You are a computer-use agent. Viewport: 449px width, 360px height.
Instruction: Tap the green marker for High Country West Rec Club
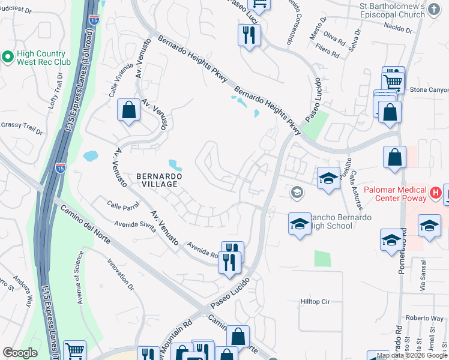point(8,57)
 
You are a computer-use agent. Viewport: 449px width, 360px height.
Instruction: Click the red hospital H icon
point(436,193)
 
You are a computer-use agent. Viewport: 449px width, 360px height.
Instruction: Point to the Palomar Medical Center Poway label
point(394,194)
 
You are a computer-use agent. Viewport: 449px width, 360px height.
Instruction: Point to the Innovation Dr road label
point(119,272)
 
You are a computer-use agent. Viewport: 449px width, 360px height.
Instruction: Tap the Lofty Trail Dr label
point(55,91)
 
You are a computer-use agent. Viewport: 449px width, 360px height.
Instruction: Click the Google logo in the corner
point(19,353)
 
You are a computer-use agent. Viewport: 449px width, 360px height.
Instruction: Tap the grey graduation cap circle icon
point(296,193)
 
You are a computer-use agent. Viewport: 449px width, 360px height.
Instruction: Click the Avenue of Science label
point(78,278)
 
